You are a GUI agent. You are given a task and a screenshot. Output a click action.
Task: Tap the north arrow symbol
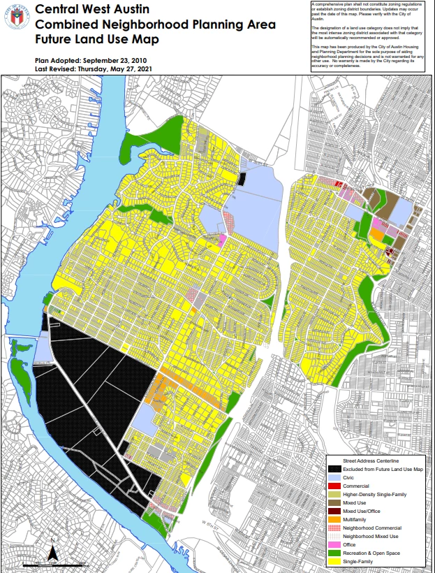tap(52, 553)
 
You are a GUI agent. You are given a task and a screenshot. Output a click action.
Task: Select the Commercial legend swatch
tap(335, 490)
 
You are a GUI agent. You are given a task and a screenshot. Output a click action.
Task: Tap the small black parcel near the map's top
tap(242, 179)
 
